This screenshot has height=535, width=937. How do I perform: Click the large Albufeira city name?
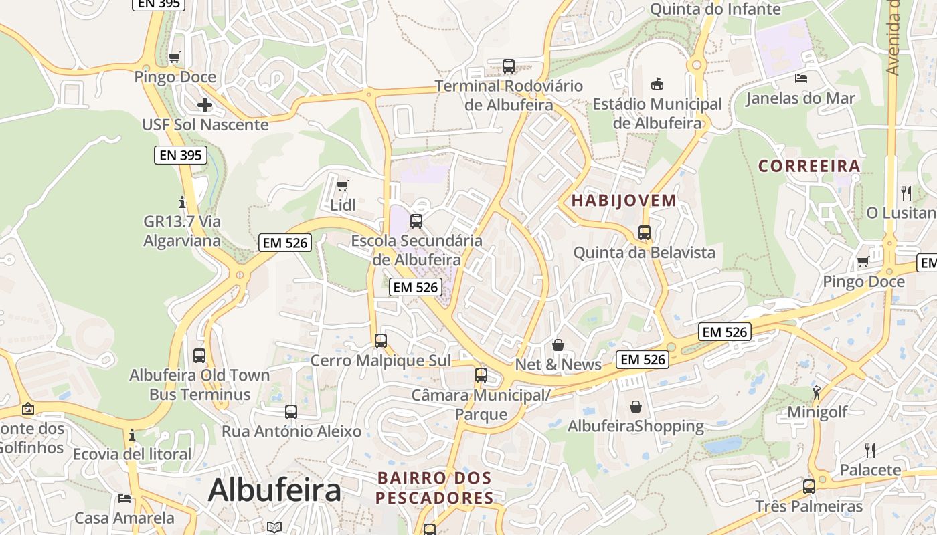click(x=274, y=490)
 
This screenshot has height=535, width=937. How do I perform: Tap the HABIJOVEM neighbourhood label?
click(x=624, y=200)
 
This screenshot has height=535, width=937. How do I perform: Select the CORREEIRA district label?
click(x=808, y=166)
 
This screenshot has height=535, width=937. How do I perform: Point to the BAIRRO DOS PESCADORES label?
click(x=435, y=488)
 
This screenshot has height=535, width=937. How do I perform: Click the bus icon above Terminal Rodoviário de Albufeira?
click(x=509, y=66)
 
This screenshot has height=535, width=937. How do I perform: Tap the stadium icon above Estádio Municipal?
click(x=657, y=84)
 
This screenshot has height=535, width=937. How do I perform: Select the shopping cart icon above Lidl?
click(x=343, y=185)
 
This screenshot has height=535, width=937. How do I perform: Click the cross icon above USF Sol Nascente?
click(x=205, y=105)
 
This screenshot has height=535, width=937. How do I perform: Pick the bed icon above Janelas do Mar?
click(x=800, y=78)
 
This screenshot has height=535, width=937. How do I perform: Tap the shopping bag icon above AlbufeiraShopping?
click(x=635, y=406)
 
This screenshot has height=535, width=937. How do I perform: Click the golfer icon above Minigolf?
click(x=817, y=392)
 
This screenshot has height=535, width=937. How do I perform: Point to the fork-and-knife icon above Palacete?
click(x=870, y=450)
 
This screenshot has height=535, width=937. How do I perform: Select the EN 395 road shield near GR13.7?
click(x=181, y=155)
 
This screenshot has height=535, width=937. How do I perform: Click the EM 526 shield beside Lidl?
click(x=286, y=243)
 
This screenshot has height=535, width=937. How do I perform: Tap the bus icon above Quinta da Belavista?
click(x=645, y=233)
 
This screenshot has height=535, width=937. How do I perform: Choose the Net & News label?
click(x=558, y=364)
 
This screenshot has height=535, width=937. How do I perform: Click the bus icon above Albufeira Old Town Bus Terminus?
click(x=199, y=355)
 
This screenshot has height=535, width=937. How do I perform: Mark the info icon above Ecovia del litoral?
click(x=132, y=435)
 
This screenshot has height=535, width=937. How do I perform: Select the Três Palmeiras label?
click(x=809, y=506)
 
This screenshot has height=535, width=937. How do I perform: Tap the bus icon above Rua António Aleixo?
click(x=291, y=412)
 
